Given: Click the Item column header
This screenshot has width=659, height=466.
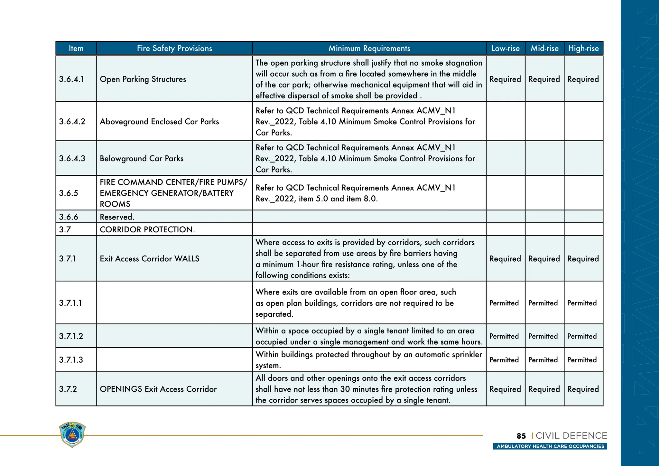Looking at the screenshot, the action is [x=76, y=48].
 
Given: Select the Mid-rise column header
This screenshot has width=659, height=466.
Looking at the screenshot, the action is [x=544, y=48].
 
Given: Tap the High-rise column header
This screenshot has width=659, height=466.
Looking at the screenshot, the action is [x=583, y=48].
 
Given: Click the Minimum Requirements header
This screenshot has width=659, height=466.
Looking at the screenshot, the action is [x=369, y=48].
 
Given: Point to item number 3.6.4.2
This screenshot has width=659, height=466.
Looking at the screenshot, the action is [x=72, y=122].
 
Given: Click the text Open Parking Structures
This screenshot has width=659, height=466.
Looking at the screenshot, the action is [x=143, y=79].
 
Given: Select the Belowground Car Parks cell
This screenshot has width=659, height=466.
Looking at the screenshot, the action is [x=142, y=158].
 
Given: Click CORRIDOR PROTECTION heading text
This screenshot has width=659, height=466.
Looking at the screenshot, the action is [x=147, y=229].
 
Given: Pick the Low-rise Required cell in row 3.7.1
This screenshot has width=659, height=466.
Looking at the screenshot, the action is [x=505, y=259].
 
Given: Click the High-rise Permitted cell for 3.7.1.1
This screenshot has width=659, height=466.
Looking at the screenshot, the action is [x=582, y=303].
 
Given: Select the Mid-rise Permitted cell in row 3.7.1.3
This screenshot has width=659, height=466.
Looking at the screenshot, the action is [x=543, y=360].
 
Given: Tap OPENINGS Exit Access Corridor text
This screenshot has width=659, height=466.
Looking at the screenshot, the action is [x=158, y=389].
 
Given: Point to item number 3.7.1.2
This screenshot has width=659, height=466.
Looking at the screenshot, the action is [x=71, y=336].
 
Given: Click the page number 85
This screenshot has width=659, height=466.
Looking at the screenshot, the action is [x=521, y=436].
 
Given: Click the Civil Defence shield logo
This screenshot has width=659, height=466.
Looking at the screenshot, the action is [x=72, y=434].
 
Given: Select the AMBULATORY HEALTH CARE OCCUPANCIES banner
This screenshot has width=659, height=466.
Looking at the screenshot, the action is [x=550, y=446].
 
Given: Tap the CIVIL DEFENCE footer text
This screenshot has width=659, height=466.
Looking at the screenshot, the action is [x=571, y=436].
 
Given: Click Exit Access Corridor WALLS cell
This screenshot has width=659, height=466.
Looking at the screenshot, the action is [x=149, y=259].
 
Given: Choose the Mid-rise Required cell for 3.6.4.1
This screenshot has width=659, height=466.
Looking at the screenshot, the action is [x=544, y=79].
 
